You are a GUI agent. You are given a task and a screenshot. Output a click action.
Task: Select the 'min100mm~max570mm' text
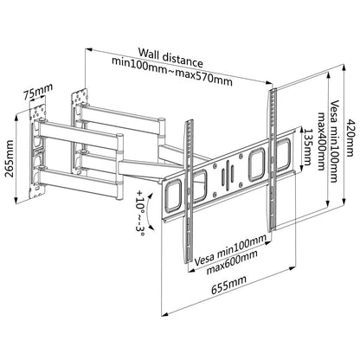click(x=171, y=68)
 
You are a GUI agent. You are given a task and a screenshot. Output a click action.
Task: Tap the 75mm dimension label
click(x=35, y=88)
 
